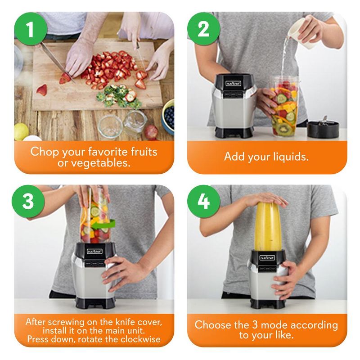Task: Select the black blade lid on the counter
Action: coord(323,128)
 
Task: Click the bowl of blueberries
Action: coord(168,117)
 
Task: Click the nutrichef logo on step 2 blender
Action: coord(233,83)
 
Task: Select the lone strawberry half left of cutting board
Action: coord(42,90)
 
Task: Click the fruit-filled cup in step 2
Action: coord(283,106)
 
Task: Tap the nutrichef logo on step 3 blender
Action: coord(94,251)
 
